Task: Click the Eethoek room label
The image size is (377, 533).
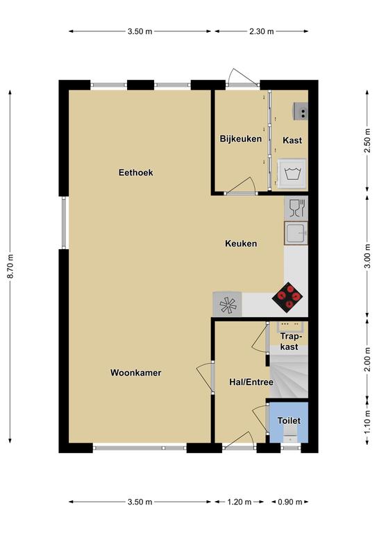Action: tap(135, 173)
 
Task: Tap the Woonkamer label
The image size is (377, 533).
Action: tap(135, 373)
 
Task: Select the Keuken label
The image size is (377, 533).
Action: tap(241, 244)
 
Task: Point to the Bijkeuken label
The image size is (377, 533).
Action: tap(241, 139)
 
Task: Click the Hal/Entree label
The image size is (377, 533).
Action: tap(251, 382)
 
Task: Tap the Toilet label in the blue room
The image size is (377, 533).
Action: tap(289, 421)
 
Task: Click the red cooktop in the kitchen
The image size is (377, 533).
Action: tap(287, 297)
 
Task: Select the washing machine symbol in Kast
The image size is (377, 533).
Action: tap(291, 174)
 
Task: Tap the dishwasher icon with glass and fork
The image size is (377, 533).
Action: tap(296, 208)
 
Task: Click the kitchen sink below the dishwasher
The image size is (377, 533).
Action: tap(296, 233)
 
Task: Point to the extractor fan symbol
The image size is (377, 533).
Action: tap(228, 304)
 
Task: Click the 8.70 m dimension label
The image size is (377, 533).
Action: tap(10, 266)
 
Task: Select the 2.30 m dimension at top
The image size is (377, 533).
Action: tap(262, 31)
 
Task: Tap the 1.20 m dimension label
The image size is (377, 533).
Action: tap(240, 502)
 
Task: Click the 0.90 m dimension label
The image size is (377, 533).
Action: tap(290, 502)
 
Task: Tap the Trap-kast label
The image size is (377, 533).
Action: tap(290, 341)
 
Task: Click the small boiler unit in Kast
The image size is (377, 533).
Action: tap(301, 111)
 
